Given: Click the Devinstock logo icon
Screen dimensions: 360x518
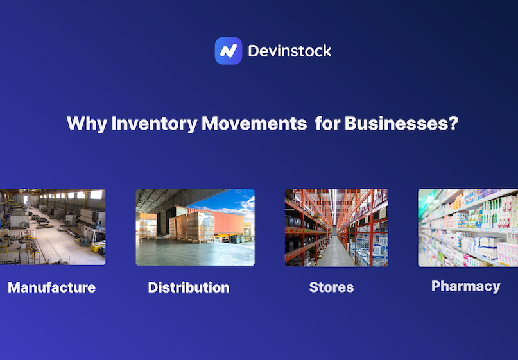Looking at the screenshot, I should click(228, 51).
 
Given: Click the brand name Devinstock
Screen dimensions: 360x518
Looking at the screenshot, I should click(289, 51).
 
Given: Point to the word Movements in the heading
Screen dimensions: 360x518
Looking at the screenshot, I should click(254, 123).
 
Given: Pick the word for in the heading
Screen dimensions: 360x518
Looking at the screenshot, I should click(327, 123).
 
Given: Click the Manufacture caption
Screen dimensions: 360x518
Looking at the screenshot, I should click(52, 287).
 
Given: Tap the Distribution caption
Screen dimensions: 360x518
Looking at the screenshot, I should click(189, 287).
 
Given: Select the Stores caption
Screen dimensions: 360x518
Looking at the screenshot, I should click(331, 287).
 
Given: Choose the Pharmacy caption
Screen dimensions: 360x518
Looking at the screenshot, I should click(465, 286).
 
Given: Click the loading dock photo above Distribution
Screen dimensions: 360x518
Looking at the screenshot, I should click(195, 227).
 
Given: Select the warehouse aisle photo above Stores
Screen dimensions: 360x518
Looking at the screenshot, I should click(336, 227).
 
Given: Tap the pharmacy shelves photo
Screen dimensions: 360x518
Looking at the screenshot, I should click(468, 227).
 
